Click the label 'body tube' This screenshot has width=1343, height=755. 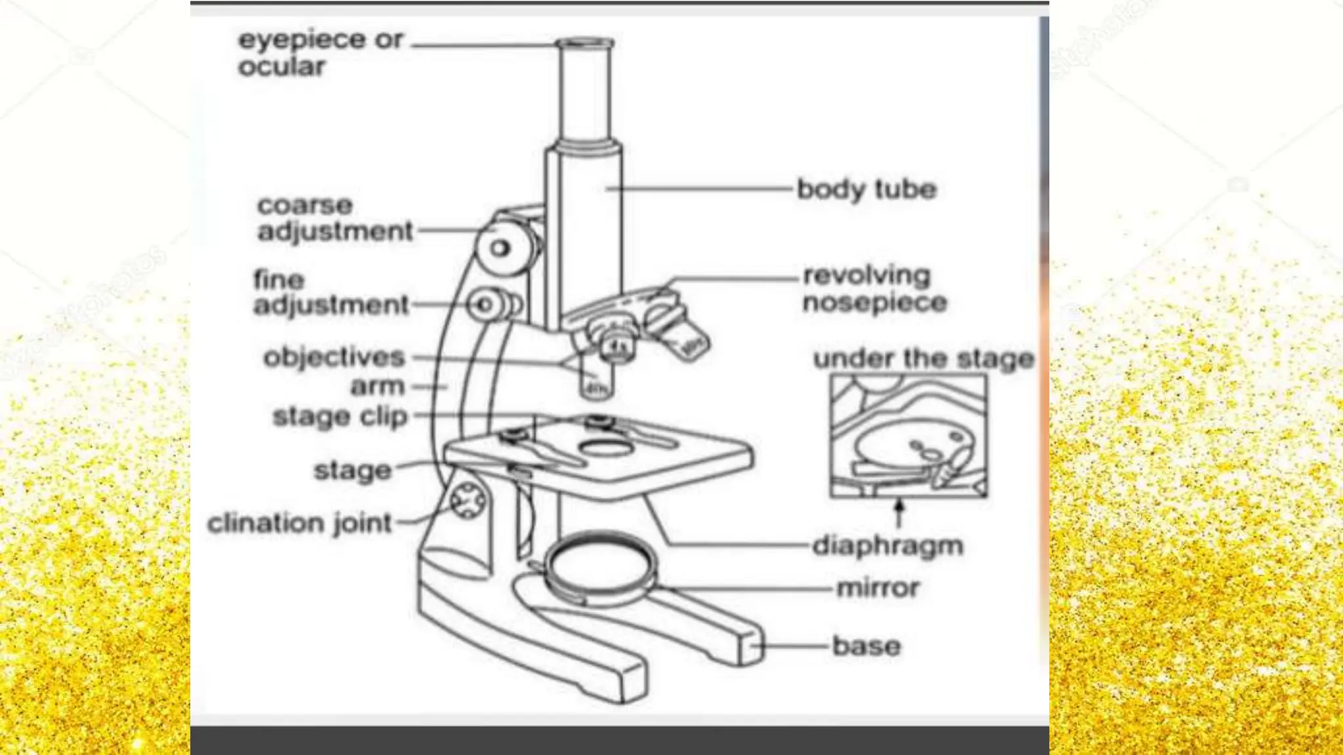pos(866,189)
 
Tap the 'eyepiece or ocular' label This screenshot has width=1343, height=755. pos(319,52)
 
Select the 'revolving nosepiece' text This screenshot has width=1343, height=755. pos(874,289)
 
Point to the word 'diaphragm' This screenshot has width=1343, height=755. pos(887,545)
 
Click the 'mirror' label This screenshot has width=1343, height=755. pos(878,588)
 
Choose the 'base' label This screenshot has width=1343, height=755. pos(866,646)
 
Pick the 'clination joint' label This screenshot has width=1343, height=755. pos(300,524)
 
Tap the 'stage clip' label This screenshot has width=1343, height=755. pos(340,417)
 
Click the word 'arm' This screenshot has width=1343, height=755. pos(377,387)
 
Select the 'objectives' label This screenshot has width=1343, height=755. pos(334,358)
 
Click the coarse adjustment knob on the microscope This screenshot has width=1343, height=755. pos(502,248)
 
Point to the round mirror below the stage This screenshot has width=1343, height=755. pos(600,565)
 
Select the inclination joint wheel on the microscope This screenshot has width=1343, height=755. pos(468,501)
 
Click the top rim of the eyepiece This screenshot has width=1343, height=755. pos(585,44)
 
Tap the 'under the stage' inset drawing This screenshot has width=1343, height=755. pos(908,436)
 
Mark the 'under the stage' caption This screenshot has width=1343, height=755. pos(923,359)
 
